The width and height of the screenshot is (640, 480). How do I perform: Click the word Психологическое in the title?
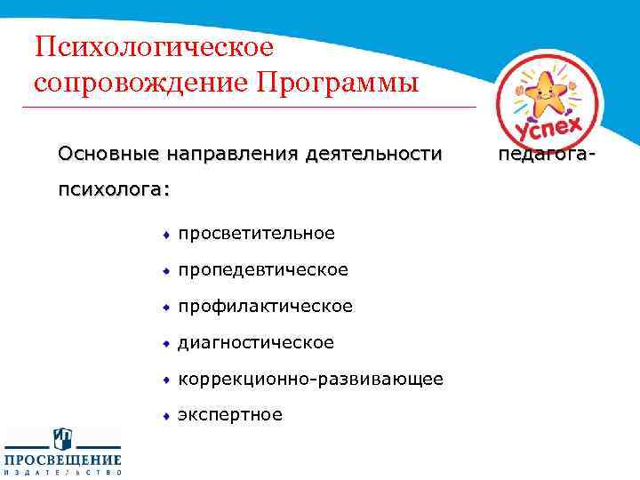153,47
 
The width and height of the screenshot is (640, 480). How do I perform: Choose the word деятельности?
372,155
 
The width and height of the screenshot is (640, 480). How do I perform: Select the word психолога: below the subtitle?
115,190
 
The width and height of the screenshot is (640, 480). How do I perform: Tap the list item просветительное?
256,234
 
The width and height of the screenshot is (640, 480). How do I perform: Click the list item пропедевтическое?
263,269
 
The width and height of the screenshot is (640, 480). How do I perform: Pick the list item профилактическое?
265,306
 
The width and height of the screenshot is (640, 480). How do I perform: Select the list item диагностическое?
256,342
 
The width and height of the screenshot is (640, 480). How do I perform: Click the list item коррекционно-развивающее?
310,379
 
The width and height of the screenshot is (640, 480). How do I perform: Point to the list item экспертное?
230,414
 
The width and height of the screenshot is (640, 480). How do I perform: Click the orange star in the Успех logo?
541,90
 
